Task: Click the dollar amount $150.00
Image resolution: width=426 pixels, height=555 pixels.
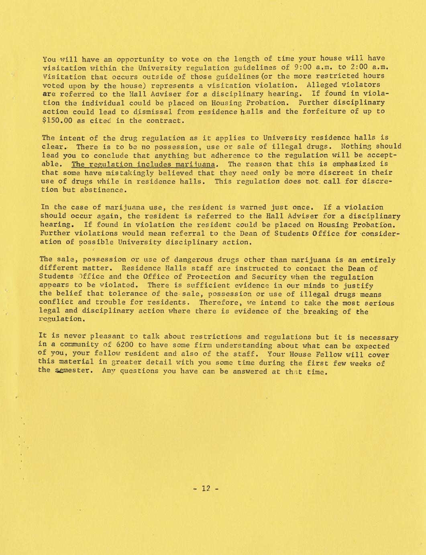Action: pos(55,121)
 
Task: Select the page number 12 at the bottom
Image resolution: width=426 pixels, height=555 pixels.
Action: pos(206,489)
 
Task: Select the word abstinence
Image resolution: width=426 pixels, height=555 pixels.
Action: pos(100,190)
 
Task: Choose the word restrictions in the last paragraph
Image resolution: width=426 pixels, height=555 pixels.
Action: pos(215,337)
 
